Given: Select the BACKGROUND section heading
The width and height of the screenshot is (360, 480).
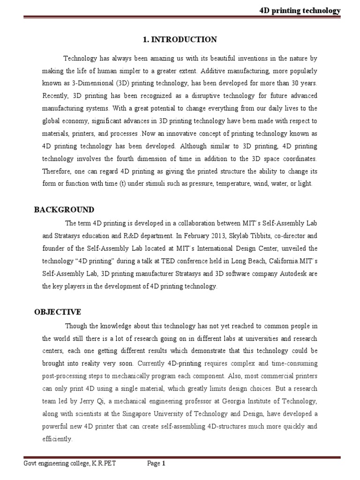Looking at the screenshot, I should (64, 210).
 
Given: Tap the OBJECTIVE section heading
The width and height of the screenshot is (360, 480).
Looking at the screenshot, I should (58, 312).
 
